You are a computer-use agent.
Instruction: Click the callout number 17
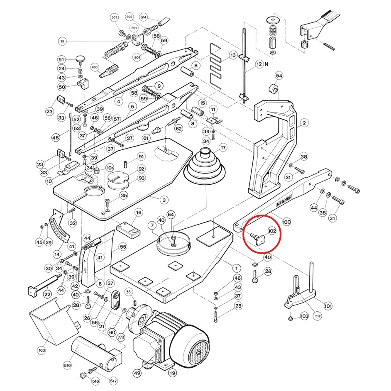pos(223,147)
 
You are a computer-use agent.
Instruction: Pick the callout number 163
pos(42,350)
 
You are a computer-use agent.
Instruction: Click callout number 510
pos(68,365)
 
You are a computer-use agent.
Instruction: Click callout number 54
pos(279,76)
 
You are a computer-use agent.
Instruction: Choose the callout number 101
pos(328,306)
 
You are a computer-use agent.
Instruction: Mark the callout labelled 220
pos(121,337)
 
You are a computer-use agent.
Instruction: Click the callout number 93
pos(142,178)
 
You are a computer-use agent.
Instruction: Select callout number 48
pos(56,137)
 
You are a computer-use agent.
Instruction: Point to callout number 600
pos(94,68)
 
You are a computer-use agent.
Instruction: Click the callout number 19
pos(172,373)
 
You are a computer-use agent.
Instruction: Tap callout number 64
pos(171,214)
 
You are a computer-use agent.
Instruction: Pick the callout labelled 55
pos(123,247)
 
